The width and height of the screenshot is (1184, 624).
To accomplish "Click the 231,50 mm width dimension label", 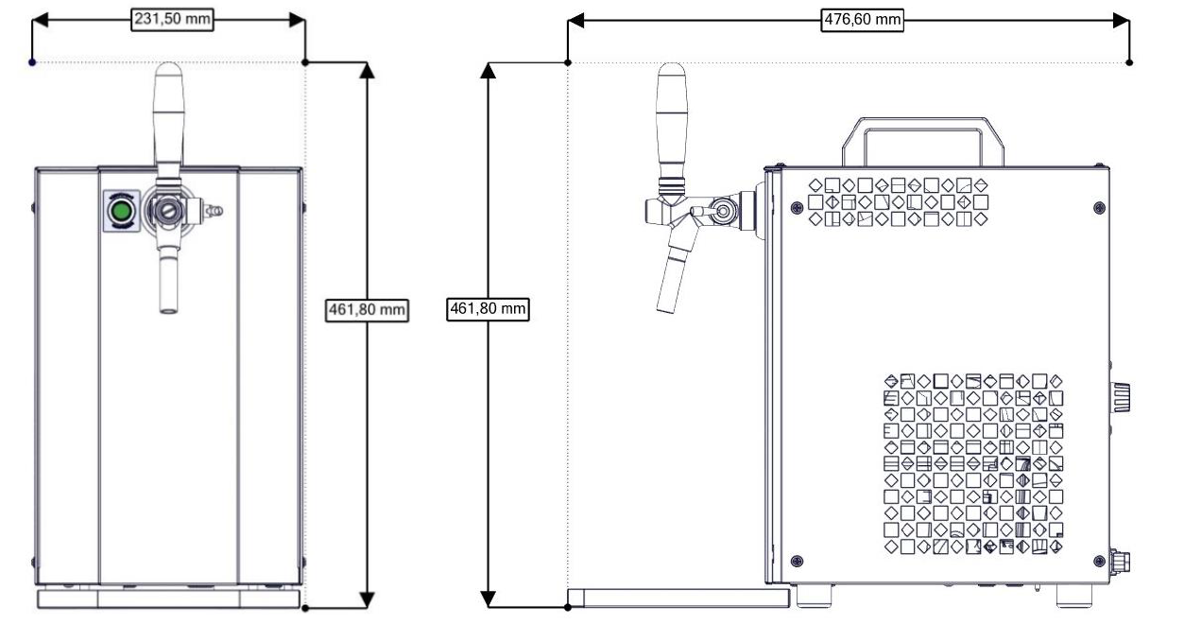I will click(171, 20).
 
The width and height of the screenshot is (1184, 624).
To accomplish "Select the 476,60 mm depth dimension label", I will click(862, 20).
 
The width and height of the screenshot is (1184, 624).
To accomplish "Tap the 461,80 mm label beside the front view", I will click(368, 310).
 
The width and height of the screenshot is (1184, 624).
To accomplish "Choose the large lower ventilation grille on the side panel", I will click(973, 463).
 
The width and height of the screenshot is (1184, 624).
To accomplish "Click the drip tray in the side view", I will click(678, 597).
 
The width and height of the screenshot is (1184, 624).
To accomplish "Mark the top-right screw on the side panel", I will click(1098, 207).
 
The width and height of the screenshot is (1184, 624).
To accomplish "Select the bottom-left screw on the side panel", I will click(796, 562).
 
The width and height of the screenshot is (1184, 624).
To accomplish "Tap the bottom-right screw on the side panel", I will click(1098, 562).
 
